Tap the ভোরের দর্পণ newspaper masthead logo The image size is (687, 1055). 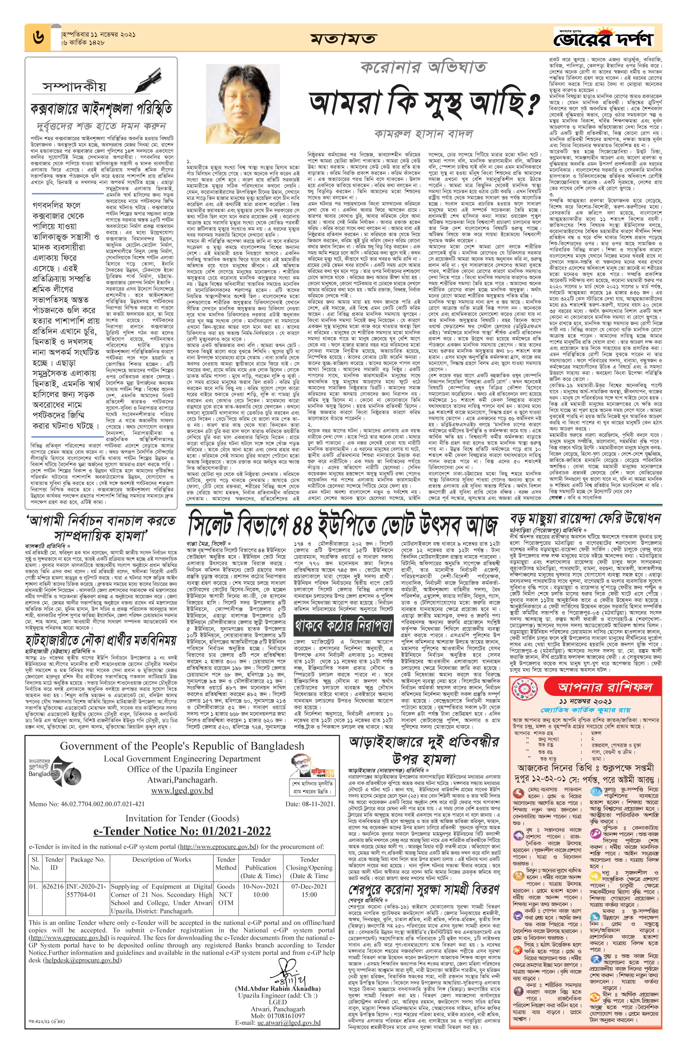(x=606, y=38)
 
